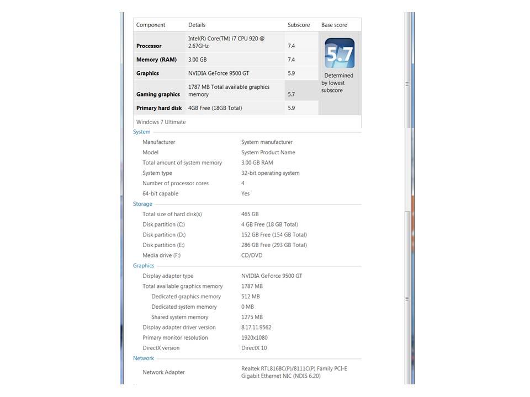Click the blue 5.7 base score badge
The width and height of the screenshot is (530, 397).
point(340,53)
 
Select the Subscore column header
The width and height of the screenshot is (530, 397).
point(299,25)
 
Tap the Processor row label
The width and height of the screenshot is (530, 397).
point(149,46)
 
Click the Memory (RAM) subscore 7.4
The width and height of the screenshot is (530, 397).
point(291,60)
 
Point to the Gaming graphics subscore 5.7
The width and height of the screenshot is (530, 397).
point(291,94)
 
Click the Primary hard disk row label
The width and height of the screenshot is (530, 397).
point(159,108)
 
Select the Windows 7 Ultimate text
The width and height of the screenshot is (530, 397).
point(161,122)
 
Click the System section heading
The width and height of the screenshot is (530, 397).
point(142,132)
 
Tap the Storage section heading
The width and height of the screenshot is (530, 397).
point(142,204)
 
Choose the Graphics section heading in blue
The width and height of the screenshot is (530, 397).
point(144,266)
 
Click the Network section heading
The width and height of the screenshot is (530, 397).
point(144,358)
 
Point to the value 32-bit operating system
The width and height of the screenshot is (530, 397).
point(271,173)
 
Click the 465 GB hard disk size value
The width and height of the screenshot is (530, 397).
point(250,214)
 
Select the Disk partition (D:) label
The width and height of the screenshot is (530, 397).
point(165,235)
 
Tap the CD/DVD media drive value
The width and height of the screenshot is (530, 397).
point(252,255)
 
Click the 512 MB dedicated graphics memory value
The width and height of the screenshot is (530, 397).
point(251,297)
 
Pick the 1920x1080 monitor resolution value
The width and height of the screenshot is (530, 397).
point(255,338)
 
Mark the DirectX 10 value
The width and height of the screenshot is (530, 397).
point(254,348)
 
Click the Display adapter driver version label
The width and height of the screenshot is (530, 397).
point(179,328)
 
